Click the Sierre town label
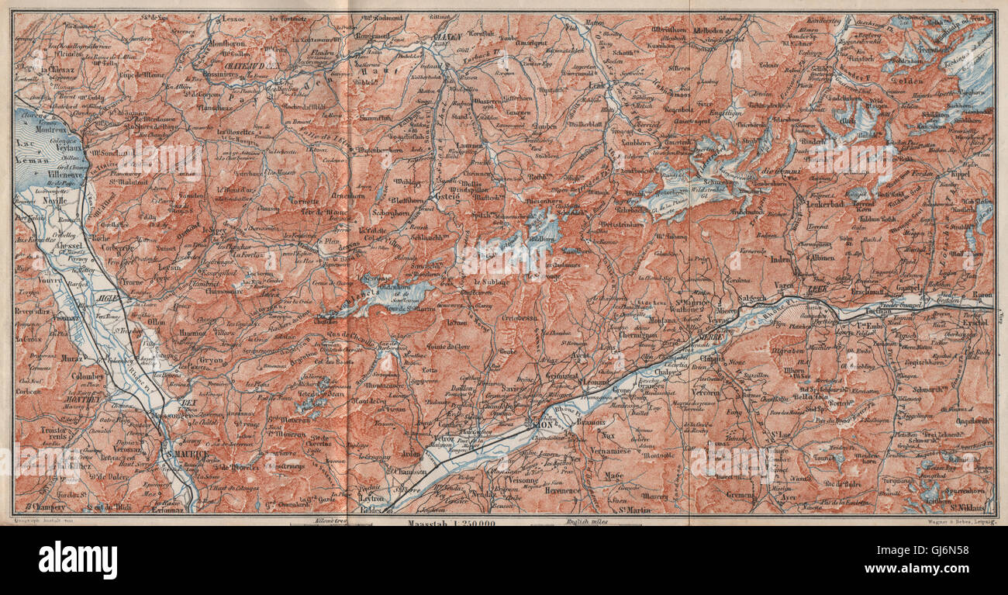tap(710, 339)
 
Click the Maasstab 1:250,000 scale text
tap(450, 523)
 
